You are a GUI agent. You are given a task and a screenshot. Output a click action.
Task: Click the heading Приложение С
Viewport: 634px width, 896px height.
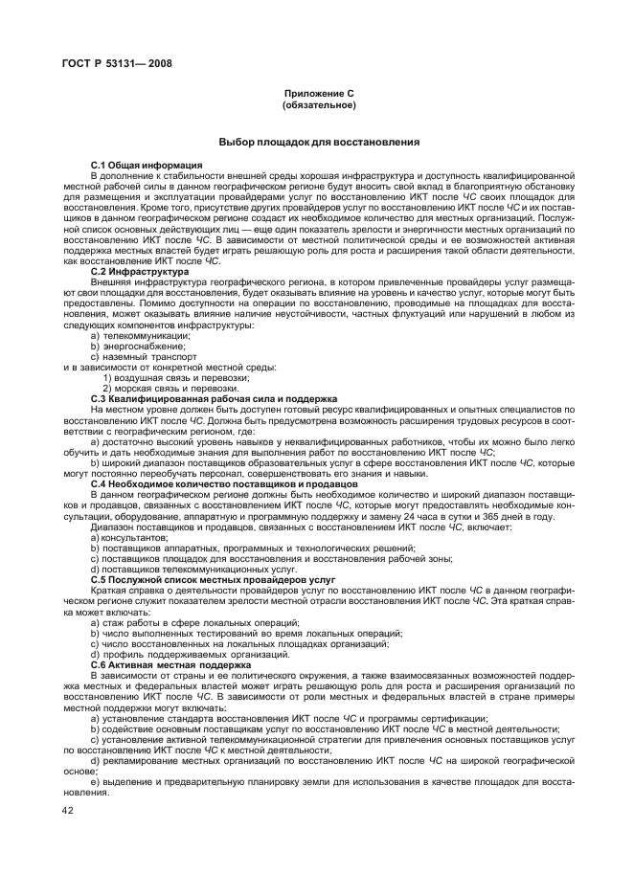click(319, 94)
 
